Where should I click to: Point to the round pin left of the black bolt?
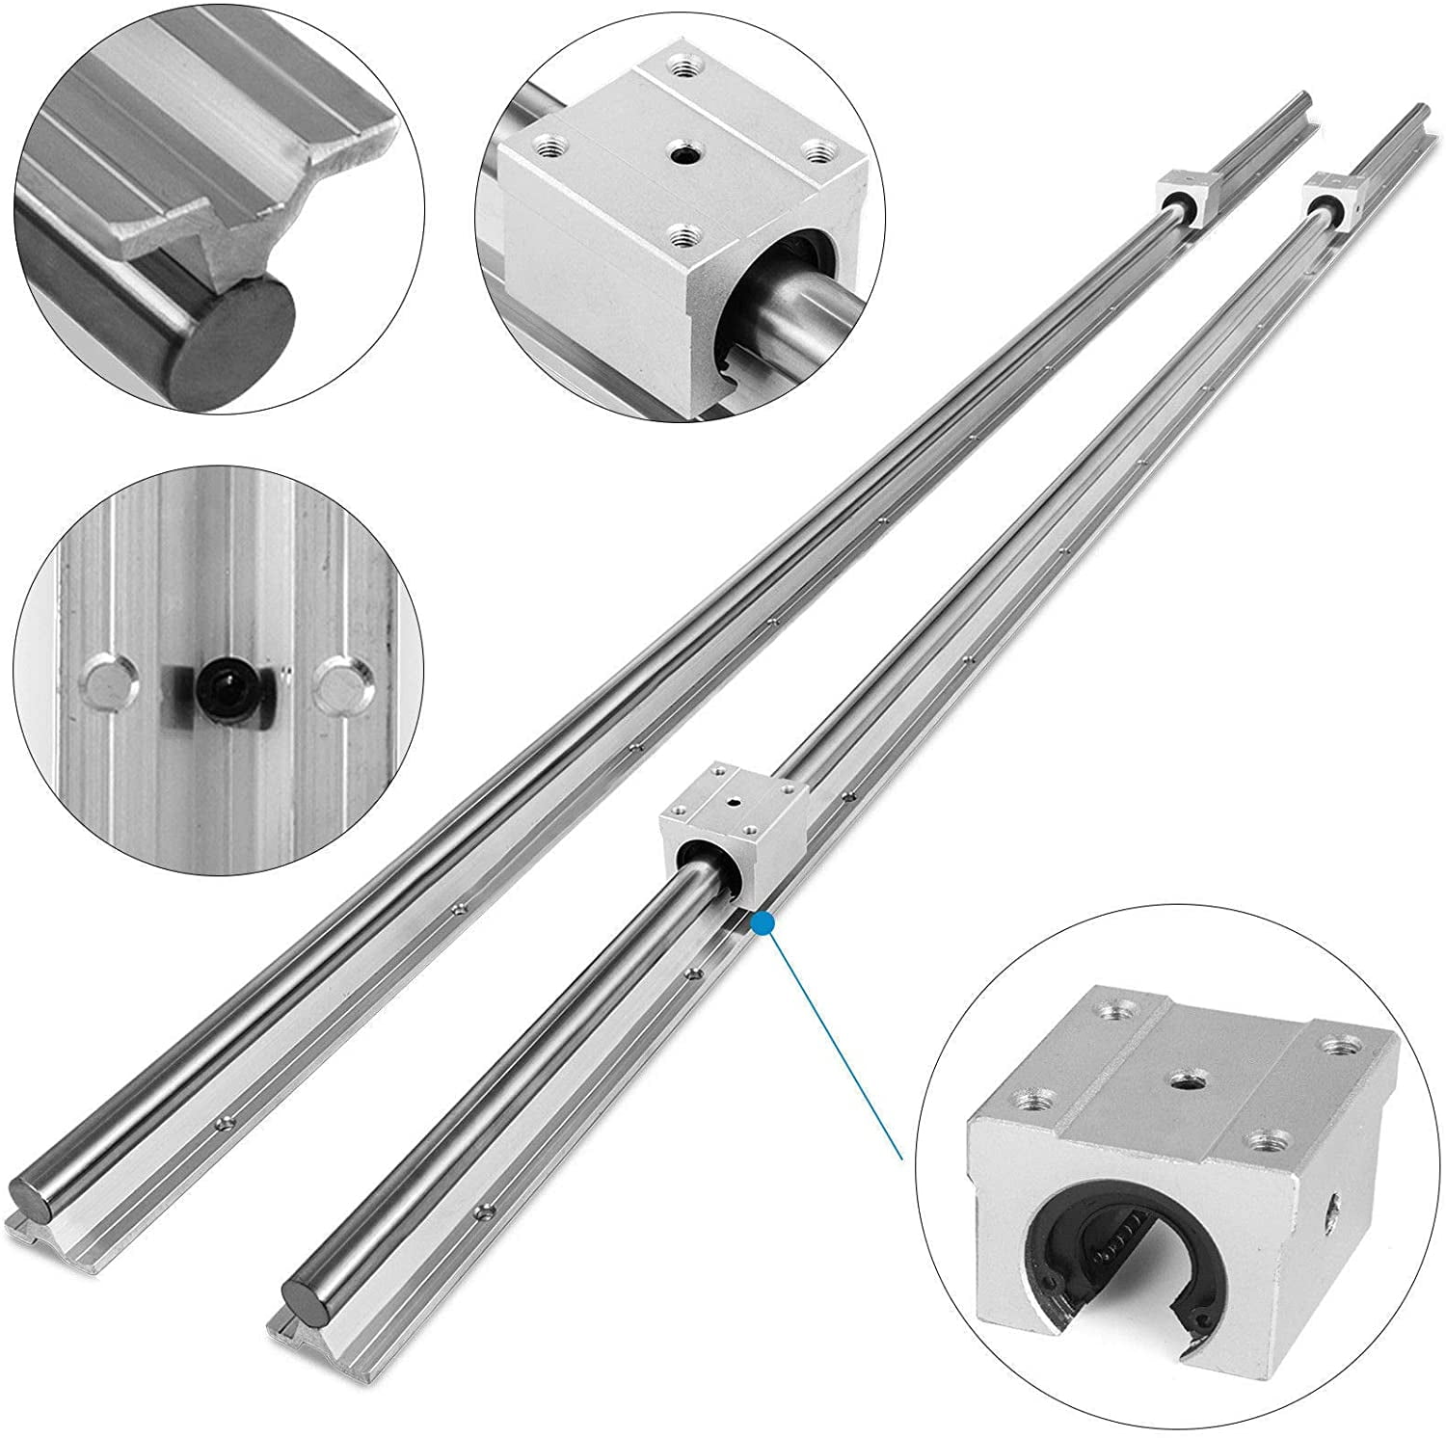104,683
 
